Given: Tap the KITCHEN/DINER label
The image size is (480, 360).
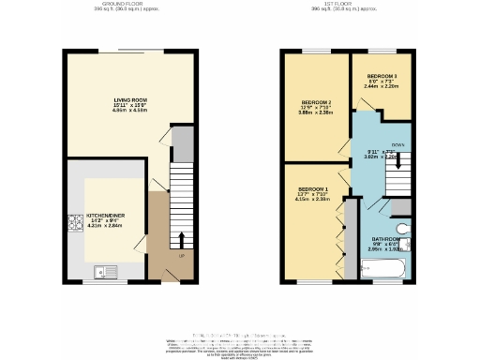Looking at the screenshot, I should (105, 215).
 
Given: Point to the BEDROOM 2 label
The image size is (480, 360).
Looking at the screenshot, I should (316, 102).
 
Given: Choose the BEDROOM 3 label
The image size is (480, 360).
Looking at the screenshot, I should (382, 75).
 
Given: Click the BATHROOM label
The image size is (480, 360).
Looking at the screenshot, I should (386, 239).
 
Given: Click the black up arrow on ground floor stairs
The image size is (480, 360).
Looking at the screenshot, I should (181, 237).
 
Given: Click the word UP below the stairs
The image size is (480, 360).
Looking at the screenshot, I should (181, 255).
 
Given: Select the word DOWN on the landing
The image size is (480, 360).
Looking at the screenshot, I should (397, 144).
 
